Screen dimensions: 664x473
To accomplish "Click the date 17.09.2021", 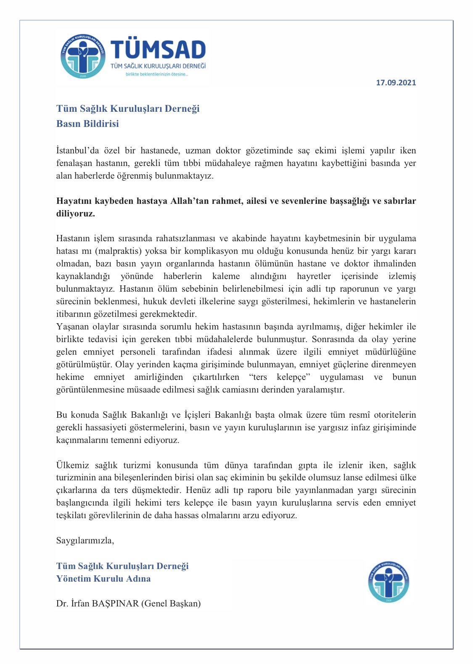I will (396, 83).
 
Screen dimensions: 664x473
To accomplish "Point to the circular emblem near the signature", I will (388, 582).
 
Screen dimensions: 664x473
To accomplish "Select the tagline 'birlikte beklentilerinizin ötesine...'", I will (157, 74).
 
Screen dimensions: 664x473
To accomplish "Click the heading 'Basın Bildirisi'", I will (87, 124).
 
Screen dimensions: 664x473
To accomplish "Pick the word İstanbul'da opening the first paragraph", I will (77, 150).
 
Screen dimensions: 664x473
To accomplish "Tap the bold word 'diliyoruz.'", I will (76, 213).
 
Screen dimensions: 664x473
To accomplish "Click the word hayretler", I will (314, 277).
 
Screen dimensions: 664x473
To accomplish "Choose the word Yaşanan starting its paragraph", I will (71, 327).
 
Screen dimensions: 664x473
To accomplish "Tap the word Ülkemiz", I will (73, 465).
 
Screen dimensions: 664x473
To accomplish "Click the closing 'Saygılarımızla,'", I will (85, 540).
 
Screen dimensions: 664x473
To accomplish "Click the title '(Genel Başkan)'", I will (171, 603).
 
